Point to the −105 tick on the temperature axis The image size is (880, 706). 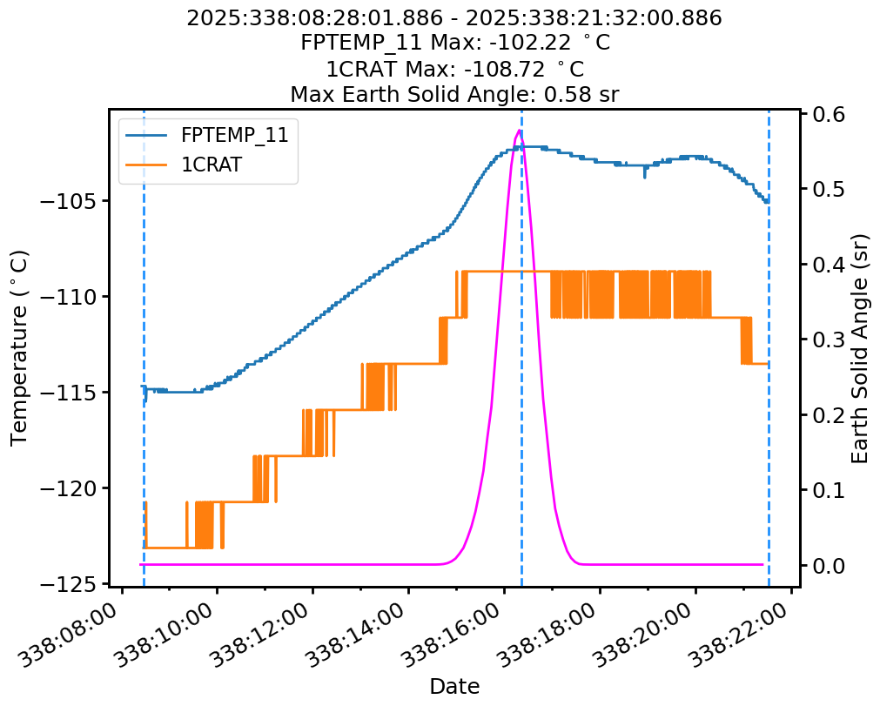tap(84, 201)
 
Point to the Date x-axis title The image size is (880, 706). tap(454, 686)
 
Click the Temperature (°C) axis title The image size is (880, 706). tap(19, 347)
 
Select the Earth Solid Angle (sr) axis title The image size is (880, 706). tap(860, 347)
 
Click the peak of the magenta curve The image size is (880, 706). tap(520, 131)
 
